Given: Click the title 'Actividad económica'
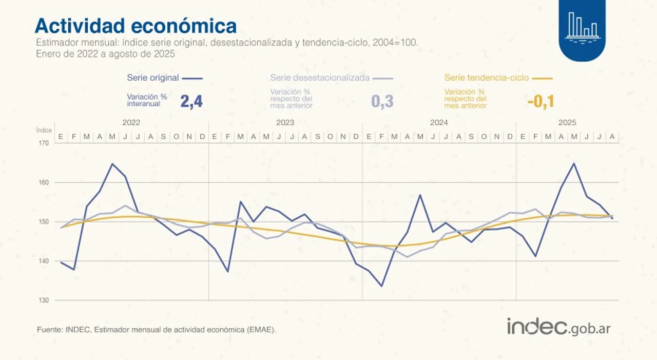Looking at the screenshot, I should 136,26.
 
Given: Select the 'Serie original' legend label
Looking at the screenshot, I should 153,78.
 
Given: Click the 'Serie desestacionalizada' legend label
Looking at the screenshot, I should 320,78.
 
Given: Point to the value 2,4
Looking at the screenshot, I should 191,101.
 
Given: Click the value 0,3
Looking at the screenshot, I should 382,101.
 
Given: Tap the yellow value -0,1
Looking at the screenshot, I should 540,101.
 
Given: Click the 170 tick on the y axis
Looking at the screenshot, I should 44,143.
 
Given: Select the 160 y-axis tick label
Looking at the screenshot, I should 44,182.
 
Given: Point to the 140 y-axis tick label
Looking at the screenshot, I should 44,261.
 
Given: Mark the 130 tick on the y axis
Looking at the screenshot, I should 44,300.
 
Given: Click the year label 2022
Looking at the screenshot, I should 131,123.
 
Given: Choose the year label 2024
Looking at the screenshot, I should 439,123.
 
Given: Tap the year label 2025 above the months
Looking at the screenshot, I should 567,123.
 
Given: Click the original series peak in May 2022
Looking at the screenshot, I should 112,164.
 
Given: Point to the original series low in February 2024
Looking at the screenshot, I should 381,286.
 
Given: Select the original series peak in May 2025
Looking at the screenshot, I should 573,163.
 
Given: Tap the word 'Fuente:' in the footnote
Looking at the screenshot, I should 50,330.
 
